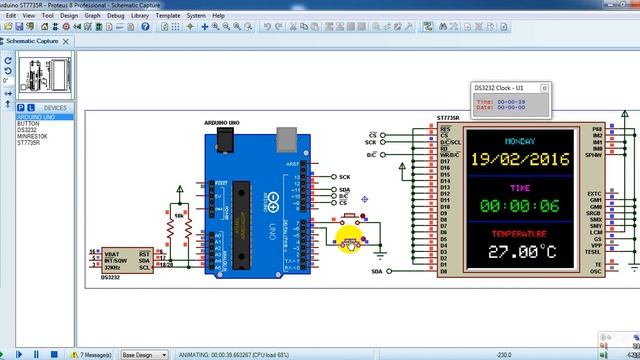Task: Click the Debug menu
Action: click(116, 16)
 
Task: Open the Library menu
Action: click(140, 16)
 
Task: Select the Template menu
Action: click(168, 16)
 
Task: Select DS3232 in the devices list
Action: click(27, 130)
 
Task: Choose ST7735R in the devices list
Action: click(29, 142)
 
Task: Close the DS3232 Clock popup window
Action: click(545, 87)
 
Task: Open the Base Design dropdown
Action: click(143, 354)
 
